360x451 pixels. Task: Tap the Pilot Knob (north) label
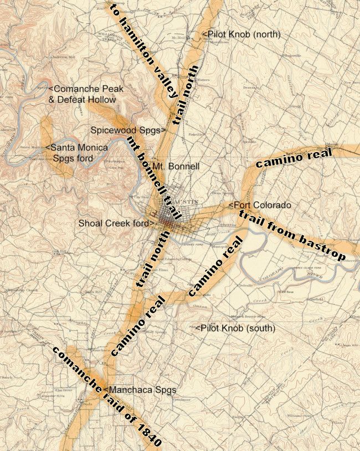point(244,34)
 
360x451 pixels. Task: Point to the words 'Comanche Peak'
point(88,89)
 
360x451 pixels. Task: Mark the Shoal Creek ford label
point(115,223)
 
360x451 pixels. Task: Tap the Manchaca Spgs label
point(141,390)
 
